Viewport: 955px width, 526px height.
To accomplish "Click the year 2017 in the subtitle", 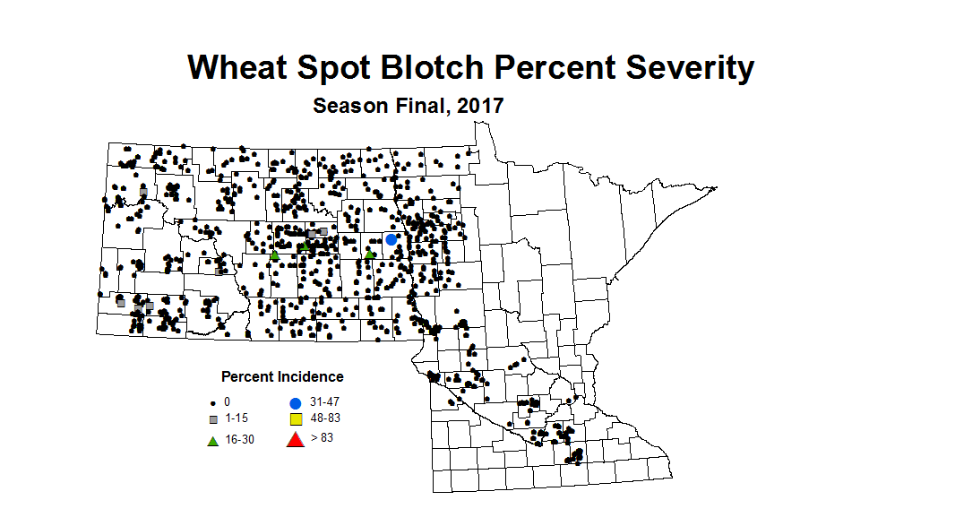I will pyautogui.click(x=479, y=106).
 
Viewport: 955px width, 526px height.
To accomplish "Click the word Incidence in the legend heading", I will pyautogui.click(x=305, y=376).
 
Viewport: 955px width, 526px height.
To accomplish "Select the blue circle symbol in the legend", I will pyautogui.click(x=295, y=402).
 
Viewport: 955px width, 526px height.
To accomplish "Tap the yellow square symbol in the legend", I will pyautogui.click(x=295, y=419).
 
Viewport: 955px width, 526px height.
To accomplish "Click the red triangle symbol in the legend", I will pyautogui.click(x=295, y=439).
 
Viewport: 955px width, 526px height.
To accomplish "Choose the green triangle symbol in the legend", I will pyautogui.click(x=213, y=440).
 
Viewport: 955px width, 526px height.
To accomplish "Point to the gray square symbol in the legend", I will pyautogui.click(x=213, y=419).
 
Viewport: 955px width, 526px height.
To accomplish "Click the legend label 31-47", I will pyautogui.click(x=325, y=402).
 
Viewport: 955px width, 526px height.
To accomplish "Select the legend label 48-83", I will pyautogui.click(x=325, y=418).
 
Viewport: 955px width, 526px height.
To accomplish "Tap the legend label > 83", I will pyautogui.click(x=322, y=437).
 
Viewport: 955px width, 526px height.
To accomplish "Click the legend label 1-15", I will pyautogui.click(x=237, y=419).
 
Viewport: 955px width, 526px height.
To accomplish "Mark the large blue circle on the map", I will pyautogui.click(x=391, y=239).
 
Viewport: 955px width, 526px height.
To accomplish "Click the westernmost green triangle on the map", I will pyautogui.click(x=275, y=256).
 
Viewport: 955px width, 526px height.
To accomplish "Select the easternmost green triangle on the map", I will pyautogui.click(x=369, y=254).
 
